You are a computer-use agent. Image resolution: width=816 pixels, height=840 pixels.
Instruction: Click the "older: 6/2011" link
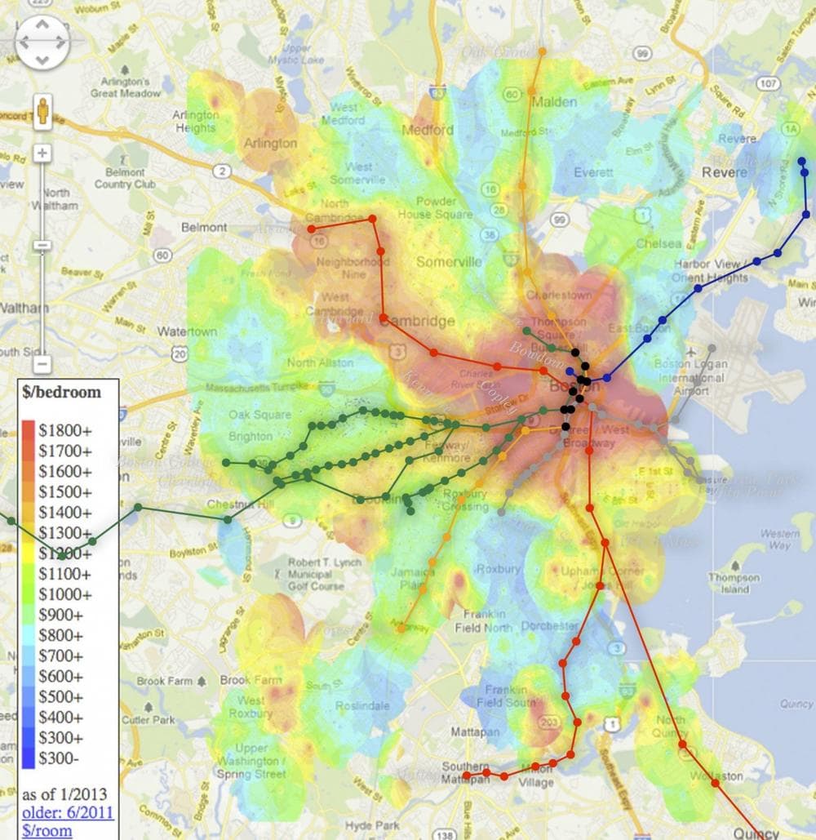67,813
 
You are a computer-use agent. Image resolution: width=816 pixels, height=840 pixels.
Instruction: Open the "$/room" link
47,831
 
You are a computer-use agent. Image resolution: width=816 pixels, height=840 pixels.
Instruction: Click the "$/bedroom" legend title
62,392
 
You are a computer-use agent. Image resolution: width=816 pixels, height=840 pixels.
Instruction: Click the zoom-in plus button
42,153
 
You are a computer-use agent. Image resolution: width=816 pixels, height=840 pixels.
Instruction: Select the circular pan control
42,42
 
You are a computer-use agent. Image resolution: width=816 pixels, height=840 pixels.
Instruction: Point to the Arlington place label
271,143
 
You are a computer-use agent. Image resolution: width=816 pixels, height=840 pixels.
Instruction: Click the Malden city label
554,103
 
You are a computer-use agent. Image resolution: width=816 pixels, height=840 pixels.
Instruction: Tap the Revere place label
725,172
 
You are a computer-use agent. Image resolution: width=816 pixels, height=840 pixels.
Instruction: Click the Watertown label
187,332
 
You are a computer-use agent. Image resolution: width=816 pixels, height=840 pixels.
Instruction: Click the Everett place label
593,172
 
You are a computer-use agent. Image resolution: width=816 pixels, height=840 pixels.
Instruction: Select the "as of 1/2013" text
64,794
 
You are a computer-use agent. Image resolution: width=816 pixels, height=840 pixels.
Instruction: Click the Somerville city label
449,262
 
